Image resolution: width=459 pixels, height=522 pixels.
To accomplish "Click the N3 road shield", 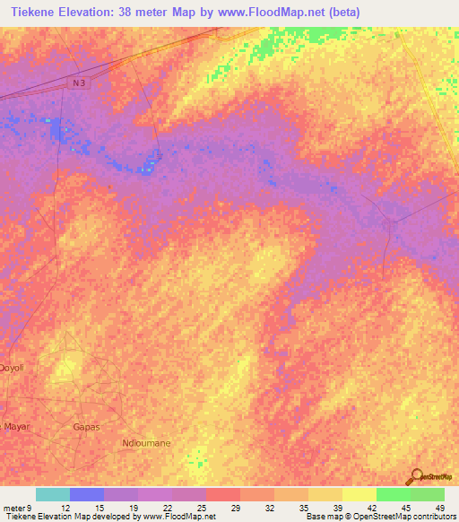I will [79, 83].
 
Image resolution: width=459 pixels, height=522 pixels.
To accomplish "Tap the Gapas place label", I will [86, 427].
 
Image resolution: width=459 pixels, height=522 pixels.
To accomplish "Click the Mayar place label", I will [16, 426].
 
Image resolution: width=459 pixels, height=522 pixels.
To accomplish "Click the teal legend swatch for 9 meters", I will [52, 494].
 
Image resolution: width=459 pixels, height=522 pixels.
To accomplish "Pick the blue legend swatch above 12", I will [86, 494].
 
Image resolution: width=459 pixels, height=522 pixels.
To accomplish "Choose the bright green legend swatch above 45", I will [393, 494].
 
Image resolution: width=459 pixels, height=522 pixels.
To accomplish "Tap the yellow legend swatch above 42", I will [359, 494].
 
